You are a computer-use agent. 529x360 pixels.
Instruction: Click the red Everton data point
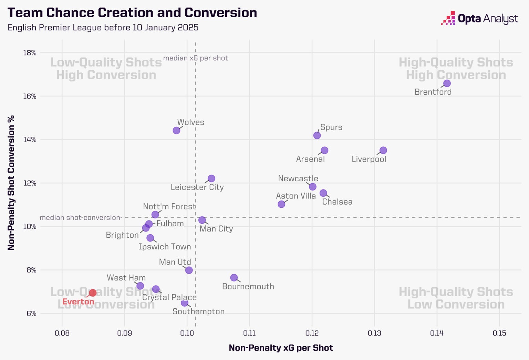tap(93, 293)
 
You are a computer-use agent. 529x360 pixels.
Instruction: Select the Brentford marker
tap(447, 83)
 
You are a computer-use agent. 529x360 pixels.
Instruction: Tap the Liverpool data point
tap(383, 150)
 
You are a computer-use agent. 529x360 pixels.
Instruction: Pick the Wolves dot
tap(176, 130)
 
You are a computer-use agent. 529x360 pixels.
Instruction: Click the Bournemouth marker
tap(234, 278)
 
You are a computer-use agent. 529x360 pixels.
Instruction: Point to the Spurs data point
tap(317, 135)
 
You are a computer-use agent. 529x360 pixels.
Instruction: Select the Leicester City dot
tap(211, 178)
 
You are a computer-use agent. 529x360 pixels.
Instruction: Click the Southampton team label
tap(198, 311)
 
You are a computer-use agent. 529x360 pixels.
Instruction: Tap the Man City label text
tap(216, 229)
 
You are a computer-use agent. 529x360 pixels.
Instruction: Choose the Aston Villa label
tap(296, 196)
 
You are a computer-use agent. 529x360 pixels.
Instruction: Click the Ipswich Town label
tap(165, 247)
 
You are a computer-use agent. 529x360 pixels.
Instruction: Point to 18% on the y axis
tap(30, 53)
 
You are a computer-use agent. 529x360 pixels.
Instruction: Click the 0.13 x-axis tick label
tap(374, 333)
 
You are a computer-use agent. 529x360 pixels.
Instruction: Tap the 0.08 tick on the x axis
tap(62, 333)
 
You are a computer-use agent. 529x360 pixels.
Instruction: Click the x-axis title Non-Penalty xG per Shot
tap(281, 348)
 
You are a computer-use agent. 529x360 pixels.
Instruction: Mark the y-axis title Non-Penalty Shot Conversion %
tap(11, 183)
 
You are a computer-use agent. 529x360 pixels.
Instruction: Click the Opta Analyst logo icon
tap(448, 18)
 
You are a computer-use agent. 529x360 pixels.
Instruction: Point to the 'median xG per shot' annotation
tap(196, 58)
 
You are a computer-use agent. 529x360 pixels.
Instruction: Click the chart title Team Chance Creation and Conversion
tap(132, 13)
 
